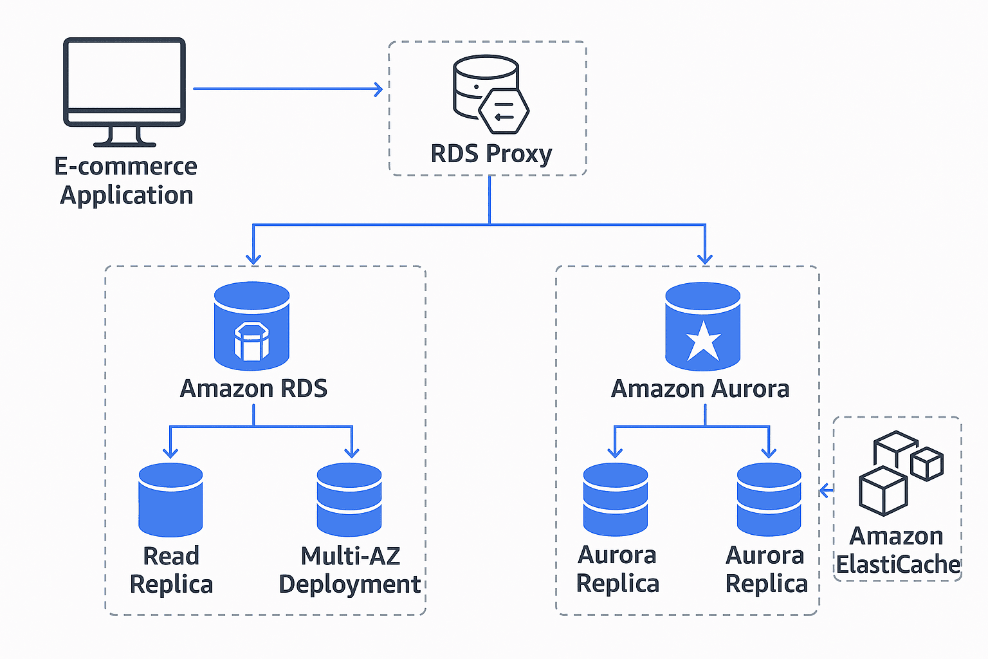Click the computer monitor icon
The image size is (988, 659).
[124, 80]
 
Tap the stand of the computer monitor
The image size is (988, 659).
[124, 136]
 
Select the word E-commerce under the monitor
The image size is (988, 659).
[125, 167]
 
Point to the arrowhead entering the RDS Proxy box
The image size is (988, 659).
[379, 89]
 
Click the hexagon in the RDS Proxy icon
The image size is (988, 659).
[504, 111]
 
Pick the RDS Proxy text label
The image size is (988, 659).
[491, 154]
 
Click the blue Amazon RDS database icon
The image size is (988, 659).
[252, 326]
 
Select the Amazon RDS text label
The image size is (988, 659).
[253, 389]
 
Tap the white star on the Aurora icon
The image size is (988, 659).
[703, 341]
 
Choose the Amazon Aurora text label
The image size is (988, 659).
[700, 389]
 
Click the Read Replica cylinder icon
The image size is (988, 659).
[170, 499]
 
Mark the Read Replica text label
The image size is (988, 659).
[171, 570]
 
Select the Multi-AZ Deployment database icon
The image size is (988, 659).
[349, 499]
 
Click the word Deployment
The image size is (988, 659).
[349, 584]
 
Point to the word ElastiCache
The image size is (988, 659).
[898, 565]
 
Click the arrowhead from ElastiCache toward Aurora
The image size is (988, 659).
[824, 491]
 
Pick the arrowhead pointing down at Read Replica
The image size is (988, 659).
[170, 452]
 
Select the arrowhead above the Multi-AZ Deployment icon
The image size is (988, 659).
[351, 452]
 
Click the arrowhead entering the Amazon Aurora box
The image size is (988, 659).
[705, 259]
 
